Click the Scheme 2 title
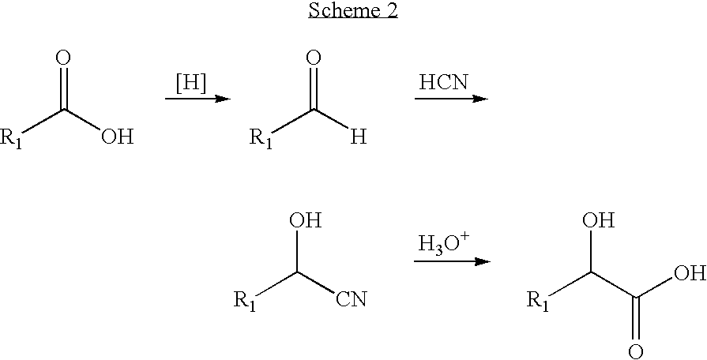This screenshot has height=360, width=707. point(353,10)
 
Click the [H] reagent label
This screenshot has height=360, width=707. point(191,84)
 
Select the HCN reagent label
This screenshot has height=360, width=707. point(444,84)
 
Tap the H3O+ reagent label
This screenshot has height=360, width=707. point(444,246)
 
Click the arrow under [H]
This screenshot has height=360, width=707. point(198,99)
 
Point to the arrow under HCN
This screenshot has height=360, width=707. point(451,99)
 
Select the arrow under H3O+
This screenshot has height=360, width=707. point(453,261)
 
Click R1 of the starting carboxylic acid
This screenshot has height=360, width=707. point(11,138)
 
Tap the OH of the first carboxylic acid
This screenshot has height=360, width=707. point(118,137)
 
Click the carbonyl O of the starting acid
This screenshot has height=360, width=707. point(63,58)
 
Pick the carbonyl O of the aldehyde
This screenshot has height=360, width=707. point(314,58)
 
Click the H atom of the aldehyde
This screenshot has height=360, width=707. point(359,137)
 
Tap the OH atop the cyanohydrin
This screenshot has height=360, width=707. point(305,221)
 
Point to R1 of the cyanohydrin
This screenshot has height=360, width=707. point(245,301)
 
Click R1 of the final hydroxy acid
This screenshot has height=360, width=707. point(539,301)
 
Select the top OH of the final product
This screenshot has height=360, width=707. point(599,221)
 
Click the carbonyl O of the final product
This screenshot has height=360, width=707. point(636,352)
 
